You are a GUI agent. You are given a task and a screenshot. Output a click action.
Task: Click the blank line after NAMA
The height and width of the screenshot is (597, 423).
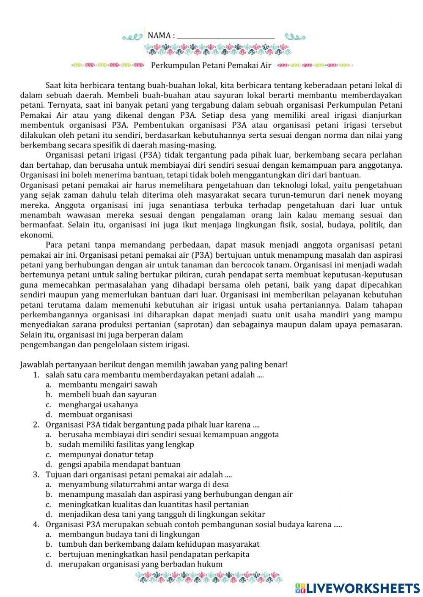tap(225, 36)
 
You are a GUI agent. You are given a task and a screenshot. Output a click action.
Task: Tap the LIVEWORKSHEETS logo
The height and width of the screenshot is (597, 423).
tap(357, 588)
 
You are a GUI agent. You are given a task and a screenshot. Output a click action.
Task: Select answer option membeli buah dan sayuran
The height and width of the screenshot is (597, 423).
tap(107, 394)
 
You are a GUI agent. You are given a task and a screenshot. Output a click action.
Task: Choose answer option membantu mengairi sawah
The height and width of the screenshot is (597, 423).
tap(107, 384)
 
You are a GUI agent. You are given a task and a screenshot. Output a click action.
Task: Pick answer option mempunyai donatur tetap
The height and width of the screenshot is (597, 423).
tap(106, 455)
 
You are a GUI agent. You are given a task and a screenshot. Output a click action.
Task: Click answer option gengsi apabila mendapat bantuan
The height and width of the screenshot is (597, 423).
tap(119, 464)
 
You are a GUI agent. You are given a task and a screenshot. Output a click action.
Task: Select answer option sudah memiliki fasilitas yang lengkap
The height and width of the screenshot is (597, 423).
tap(126, 444)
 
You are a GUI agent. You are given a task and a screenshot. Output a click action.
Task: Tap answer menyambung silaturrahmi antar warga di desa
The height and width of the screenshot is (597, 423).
tap(143, 485)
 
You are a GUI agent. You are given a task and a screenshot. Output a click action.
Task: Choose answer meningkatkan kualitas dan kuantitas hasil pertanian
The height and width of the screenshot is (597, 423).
tap(154, 504)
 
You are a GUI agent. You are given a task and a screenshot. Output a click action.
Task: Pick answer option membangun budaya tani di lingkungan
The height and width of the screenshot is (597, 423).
tap(129, 534)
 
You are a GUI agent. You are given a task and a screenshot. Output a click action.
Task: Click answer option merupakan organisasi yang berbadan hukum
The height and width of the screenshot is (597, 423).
tap(140, 564)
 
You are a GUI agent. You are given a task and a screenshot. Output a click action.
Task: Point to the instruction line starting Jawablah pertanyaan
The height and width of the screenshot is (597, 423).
tap(154, 365)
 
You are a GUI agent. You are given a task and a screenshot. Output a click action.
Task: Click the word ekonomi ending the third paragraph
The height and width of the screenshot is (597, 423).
tap(36, 235)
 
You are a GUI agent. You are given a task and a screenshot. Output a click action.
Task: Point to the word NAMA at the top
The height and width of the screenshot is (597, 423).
tap(159, 36)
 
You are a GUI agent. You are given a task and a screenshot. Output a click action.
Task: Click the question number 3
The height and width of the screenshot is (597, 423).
tap(36, 474)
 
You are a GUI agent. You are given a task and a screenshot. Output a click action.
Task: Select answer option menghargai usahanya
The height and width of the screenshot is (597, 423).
tap(98, 404)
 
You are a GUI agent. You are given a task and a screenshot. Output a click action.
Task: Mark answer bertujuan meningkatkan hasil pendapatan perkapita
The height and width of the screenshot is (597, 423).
tap(154, 554)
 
